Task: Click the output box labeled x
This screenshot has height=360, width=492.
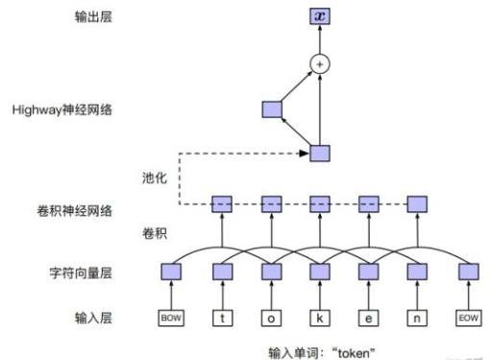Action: pyautogui.click(x=319, y=16)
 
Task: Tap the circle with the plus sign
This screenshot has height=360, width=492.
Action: pyautogui.click(x=319, y=64)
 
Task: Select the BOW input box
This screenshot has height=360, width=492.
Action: pyautogui.click(x=171, y=317)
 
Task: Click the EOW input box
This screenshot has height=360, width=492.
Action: pyautogui.click(x=468, y=317)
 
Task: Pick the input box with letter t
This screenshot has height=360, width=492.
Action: pyautogui.click(x=221, y=317)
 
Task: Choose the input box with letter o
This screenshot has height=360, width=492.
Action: pyautogui.click(x=270, y=317)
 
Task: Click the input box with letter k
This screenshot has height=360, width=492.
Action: pyautogui.click(x=319, y=317)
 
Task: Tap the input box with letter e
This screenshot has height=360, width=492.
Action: pyautogui.click(x=368, y=317)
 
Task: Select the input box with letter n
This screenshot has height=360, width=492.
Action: pyautogui.click(x=417, y=317)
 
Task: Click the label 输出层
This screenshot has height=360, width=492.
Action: pyautogui.click(x=93, y=16)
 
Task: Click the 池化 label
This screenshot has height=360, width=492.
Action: pyautogui.click(x=154, y=177)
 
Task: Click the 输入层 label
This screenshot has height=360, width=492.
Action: pyautogui.click(x=93, y=317)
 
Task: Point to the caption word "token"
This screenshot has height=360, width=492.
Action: pyautogui.click(x=353, y=350)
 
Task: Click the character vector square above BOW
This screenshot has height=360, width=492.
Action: pyautogui.click(x=171, y=272)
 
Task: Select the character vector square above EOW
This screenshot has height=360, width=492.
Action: pyautogui.click(x=468, y=272)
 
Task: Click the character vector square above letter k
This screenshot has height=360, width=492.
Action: pyautogui.click(x=319, y=272)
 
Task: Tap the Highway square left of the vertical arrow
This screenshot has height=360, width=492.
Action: pyautogui.click(x=270, y=109)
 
